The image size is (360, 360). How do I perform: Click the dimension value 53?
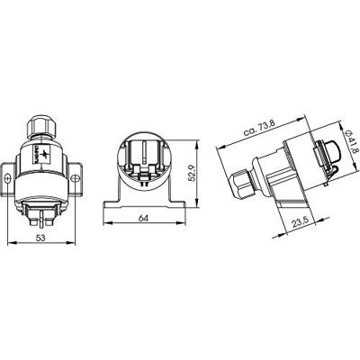tap(40, 238)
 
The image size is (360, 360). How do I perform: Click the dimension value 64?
tap(143, 219)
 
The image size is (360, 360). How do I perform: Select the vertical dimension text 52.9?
tap(191, 173)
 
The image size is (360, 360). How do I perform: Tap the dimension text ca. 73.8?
tap(259, 128)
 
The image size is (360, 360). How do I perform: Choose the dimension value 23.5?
tap(300, 222)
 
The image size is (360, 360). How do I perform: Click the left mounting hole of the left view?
tap(8, 178)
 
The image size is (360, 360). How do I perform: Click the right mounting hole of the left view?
tap(76, 178)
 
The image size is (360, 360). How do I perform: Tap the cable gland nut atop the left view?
tap(41, 126)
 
